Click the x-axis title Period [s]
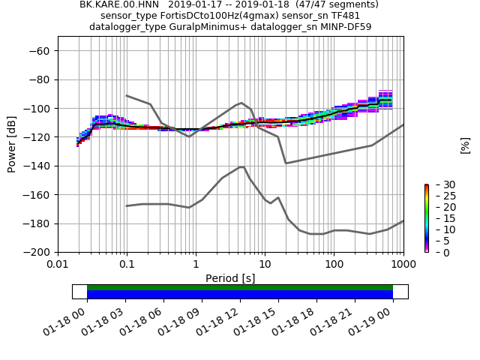[x=230, y=278]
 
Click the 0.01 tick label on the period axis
[x=58, y=265]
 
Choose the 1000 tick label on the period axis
[x=403, y=265]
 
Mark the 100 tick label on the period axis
[x=334, y=265]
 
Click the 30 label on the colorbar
[x=441, y=184]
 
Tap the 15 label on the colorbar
[x=441, y=218]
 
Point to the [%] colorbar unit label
[x=465, y=145]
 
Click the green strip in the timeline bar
[x=240, y=287]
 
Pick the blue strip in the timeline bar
[x=240, y=295]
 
